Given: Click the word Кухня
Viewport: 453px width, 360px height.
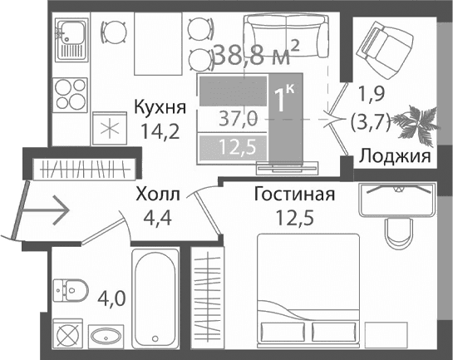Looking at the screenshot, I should click(160, 108).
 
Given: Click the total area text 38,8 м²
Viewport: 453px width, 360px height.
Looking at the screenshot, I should click(256, 57).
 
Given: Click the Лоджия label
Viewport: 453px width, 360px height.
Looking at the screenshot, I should click(394, 155).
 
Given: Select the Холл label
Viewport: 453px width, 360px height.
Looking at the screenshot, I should click(157, 195).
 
